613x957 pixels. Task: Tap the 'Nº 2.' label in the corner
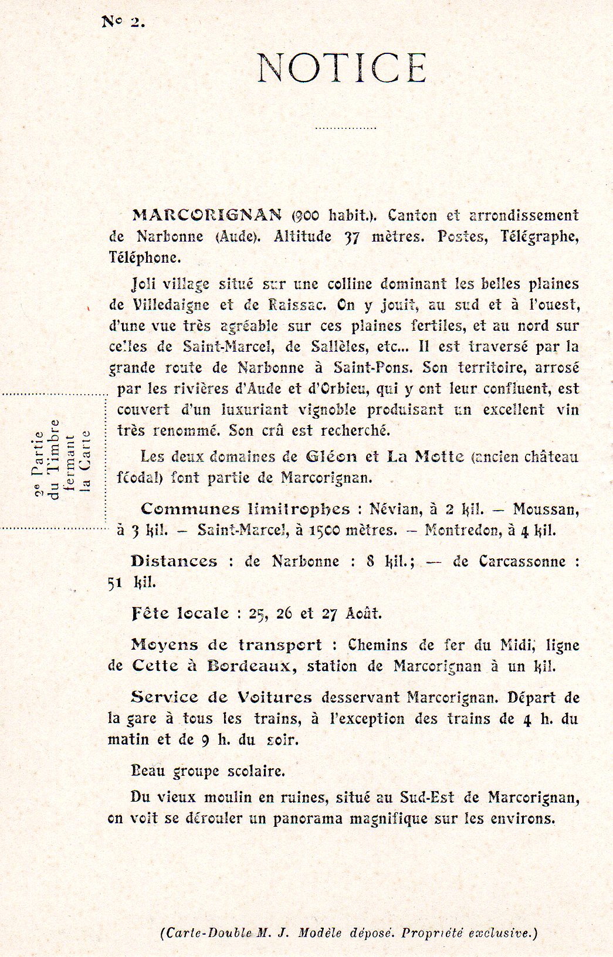pos(123,22)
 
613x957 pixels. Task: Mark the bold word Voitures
pos(275,697)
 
